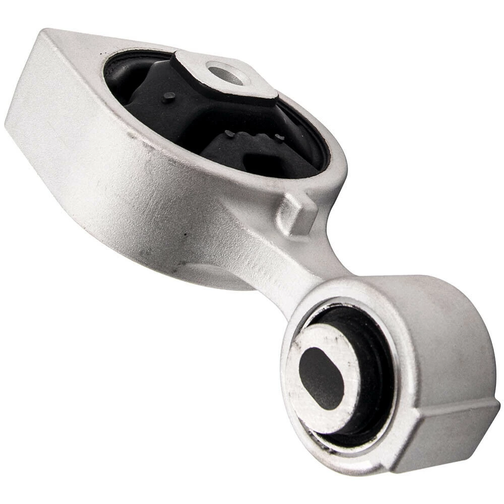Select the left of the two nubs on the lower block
coord(230,134)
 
